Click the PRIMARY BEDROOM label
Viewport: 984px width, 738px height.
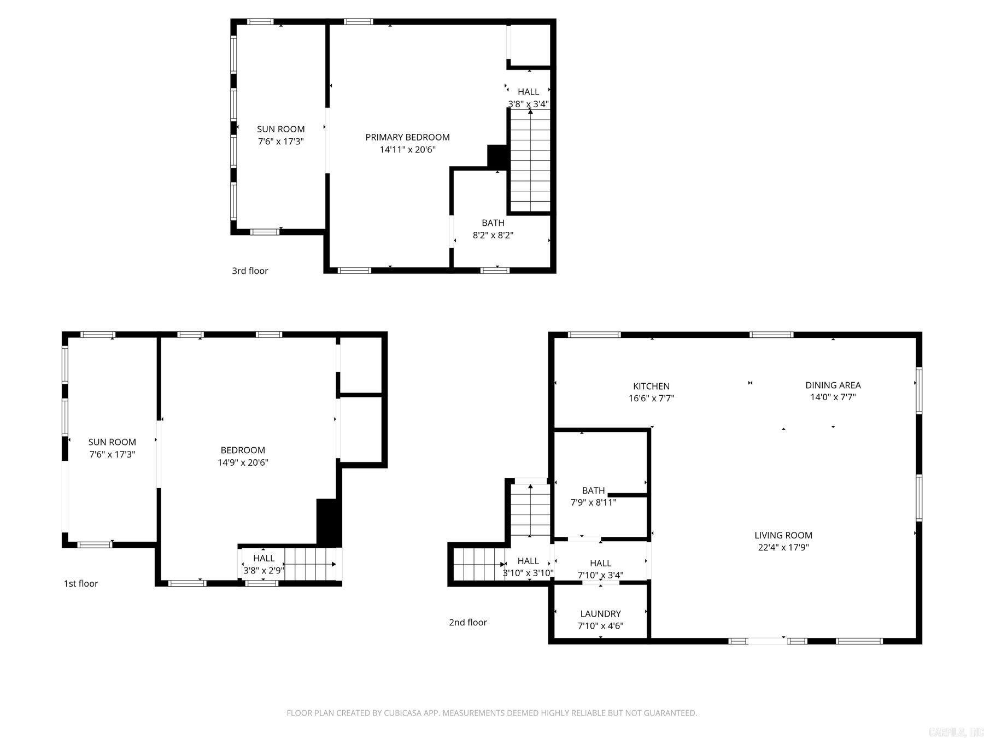(407, 137)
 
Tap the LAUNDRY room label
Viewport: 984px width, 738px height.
(600, 614)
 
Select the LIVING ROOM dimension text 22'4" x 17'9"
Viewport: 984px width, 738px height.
(783, 547)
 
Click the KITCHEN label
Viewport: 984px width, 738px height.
(651, 386)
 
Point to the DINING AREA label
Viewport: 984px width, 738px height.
(833, 385)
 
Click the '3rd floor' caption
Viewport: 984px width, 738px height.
(250, 271)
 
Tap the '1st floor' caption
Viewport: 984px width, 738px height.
(81, 583)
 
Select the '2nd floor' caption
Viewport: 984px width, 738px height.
(467, 622)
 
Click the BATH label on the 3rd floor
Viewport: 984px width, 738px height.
(493, 223)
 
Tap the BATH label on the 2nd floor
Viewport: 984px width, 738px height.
(593, 490)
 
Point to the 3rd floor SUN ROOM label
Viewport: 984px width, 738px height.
(280, 129)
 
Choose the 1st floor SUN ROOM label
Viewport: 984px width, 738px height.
(112, 442)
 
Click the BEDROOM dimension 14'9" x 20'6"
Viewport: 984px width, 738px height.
(243, 462)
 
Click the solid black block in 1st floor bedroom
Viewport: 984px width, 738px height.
(329, 522)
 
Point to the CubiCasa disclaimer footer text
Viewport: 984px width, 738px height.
(491, 713)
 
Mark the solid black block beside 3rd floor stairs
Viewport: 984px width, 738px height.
(497, 157)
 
